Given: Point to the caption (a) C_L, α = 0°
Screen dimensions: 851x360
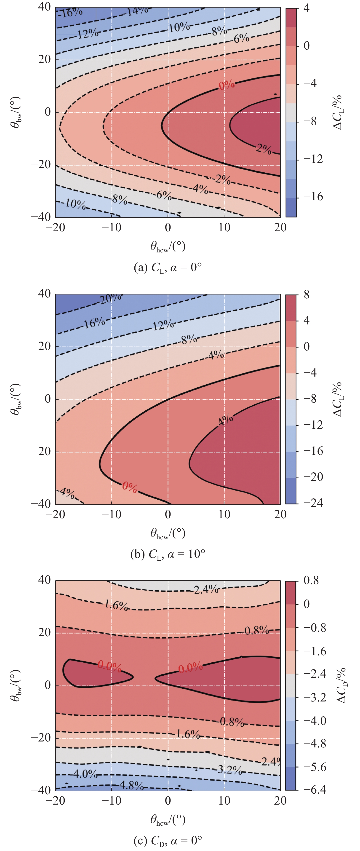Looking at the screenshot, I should click(x=168, y=267).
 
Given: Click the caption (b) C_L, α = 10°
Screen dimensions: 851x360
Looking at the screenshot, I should click(x=168, y=554).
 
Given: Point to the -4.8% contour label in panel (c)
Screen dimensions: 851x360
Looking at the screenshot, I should click(x=131, y=785).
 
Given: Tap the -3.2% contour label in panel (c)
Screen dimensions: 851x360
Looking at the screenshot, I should click(x=229, y=770).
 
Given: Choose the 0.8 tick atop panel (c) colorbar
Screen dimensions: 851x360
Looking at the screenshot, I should click(x=311, y=581).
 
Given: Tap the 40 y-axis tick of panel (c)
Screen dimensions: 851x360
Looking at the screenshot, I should click(x=45, y=580).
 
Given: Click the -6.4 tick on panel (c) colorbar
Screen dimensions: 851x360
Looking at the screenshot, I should click(x=315, y=789).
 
